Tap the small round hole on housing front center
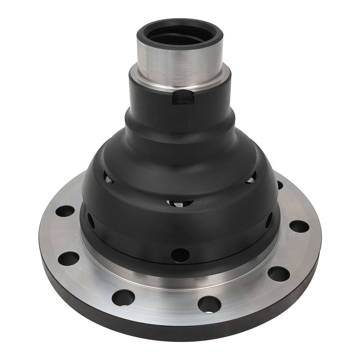point(180,255)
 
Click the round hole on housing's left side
point(91,220)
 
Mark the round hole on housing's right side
point(269,220)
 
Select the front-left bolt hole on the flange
point(123,297)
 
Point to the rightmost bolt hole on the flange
point(298,226)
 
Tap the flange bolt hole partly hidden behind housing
point(280,185)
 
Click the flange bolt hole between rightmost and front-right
point(279,273)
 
